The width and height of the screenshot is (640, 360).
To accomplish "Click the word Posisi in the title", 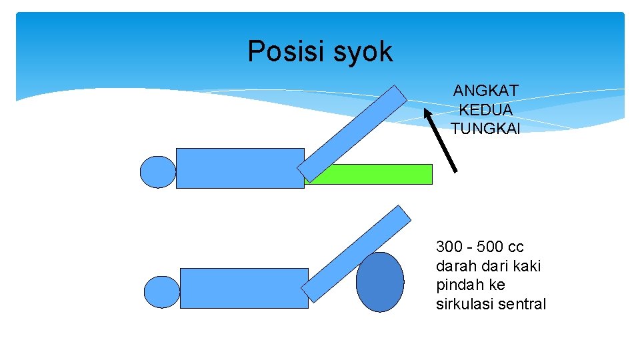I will point(278,52).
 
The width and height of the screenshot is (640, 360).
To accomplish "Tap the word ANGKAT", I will point(485,91).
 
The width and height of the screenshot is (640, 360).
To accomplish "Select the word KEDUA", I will point(485,109).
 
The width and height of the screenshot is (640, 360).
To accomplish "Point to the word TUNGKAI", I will point(485,128).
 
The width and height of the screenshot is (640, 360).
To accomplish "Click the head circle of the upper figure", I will point(158,172).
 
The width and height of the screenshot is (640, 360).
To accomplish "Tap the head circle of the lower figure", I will point(162,292).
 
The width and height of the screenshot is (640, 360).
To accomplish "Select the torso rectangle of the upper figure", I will point(240,168).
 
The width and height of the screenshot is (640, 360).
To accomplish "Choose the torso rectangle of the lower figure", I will point(244,288).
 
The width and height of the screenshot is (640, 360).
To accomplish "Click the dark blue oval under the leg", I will point(380,282).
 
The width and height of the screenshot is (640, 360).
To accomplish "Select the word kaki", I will point(527,266).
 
